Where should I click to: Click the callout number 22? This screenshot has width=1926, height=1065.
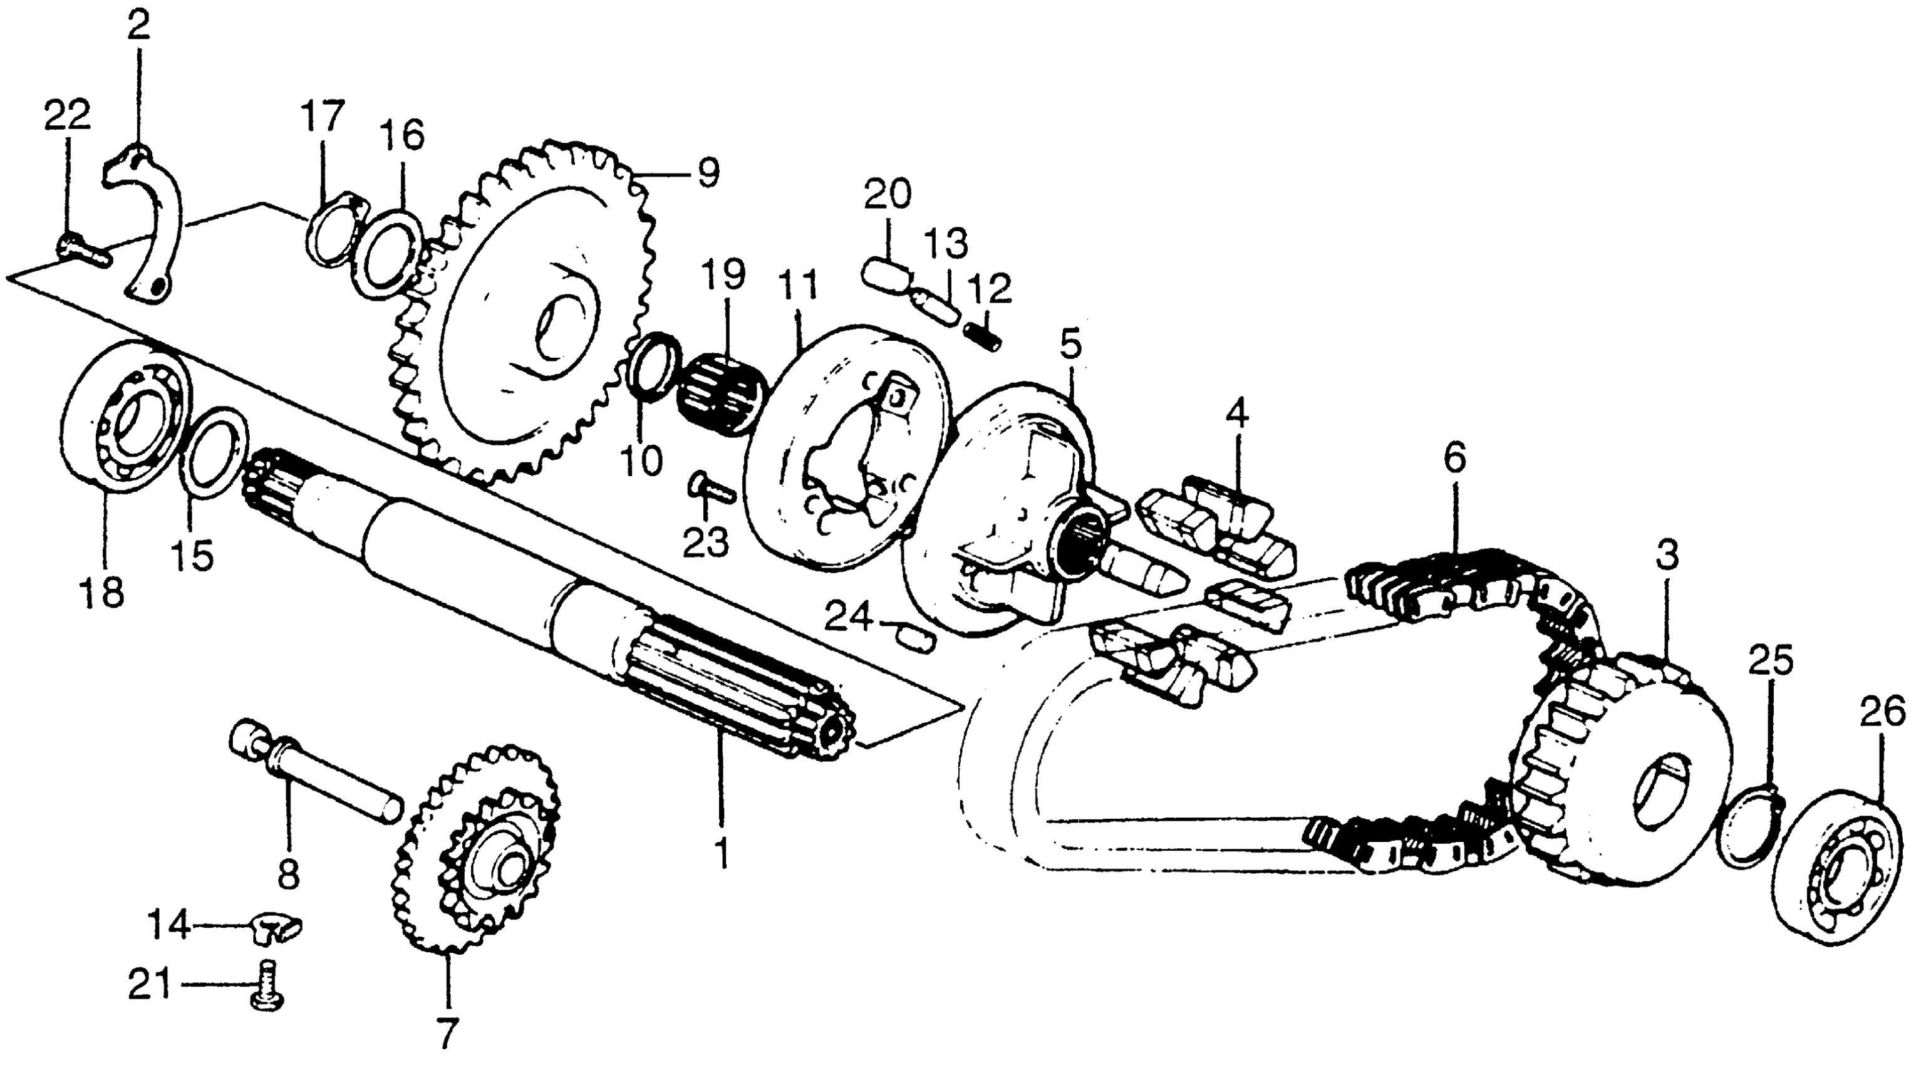coord(66,115)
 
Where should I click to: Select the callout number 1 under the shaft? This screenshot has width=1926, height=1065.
coord(722,853)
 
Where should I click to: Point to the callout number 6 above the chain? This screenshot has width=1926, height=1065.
coord(1454,459)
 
